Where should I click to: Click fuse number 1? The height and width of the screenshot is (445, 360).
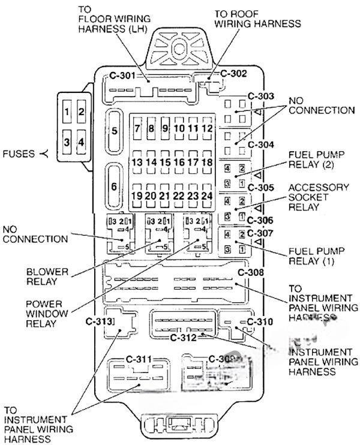[68, 112]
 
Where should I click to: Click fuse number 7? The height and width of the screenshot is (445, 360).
[137, 128]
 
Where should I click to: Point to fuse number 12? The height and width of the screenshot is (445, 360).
[207, 128]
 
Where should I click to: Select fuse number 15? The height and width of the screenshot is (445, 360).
[165, 162]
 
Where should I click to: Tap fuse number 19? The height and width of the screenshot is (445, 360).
[137, 196]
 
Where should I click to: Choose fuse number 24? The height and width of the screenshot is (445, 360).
[208, 196]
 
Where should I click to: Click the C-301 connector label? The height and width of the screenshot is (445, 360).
[121, 76]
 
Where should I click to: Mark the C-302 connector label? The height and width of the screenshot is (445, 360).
[233, 74]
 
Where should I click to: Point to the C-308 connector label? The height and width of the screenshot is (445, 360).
[251, 273]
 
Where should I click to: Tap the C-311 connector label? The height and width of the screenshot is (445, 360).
[139, 359]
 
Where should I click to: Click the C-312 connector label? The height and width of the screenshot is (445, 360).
[183, 337]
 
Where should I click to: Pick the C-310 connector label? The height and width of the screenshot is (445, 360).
[260, 321]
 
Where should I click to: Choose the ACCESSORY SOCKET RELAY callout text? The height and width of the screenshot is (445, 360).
[317, 197]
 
